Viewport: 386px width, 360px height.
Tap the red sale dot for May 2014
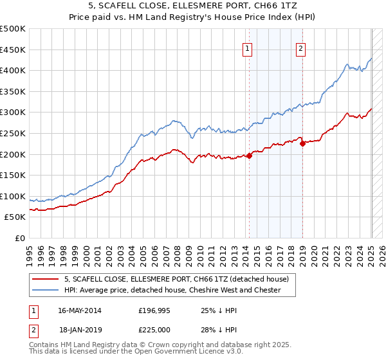click(249, 155)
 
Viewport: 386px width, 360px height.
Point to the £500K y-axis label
click(13, 29)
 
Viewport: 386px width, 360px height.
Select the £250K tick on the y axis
click(13, 133)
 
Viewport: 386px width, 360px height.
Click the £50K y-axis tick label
click(15, 217)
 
